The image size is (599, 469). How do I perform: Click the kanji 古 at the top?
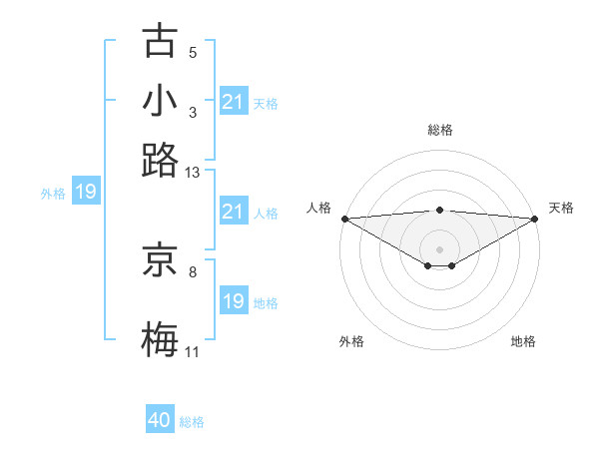(160, 42)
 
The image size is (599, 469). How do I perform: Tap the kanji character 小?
(160, 101)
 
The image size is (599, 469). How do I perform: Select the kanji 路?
(160, 160)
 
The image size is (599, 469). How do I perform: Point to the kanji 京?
(160, 261)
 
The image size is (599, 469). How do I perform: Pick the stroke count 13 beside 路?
(193, 173)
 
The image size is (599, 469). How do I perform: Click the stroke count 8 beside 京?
(193, 271)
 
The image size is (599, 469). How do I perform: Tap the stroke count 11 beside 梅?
(193, 352)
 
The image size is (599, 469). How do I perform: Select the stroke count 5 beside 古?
(193, 53)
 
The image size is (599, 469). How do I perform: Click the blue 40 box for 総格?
(160, 420)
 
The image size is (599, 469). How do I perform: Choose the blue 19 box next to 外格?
(86, 192)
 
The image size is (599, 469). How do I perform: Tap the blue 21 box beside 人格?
(233, 212)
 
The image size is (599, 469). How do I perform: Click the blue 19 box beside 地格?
(233, 301)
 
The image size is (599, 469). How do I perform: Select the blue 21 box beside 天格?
(233, 102)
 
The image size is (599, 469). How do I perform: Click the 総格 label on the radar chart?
(440, 130)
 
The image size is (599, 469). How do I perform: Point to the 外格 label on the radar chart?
(350, 342)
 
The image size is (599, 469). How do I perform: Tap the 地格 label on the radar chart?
(523, 342)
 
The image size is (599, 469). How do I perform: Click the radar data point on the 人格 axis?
(344, 219)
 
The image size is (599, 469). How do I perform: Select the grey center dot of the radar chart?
(440, 248)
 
